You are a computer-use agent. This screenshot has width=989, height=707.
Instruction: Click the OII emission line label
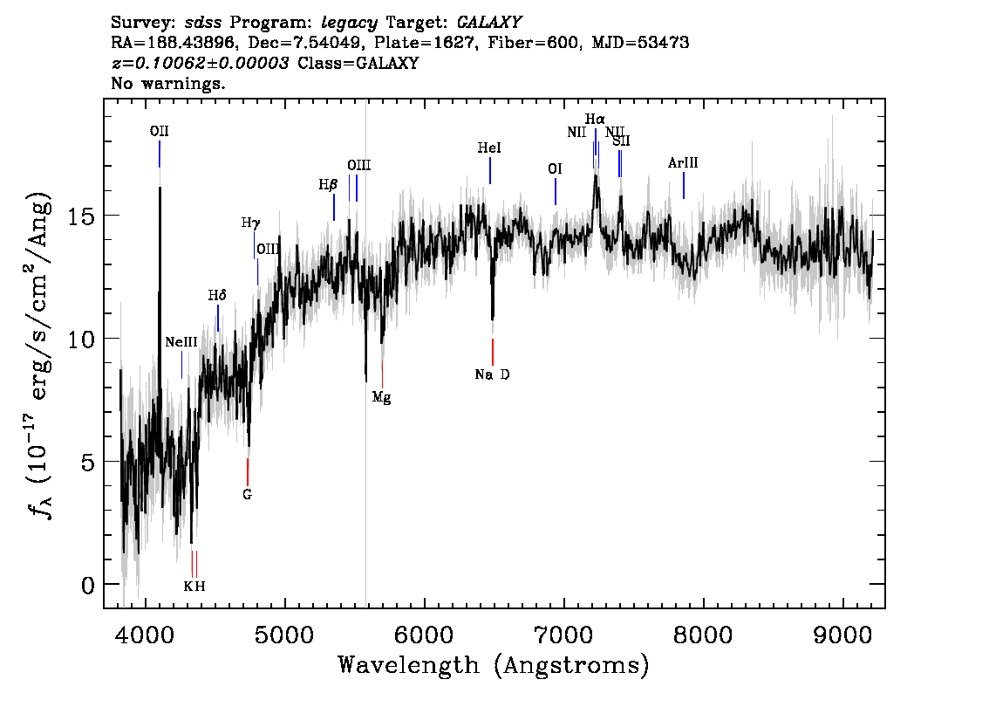[159, 131]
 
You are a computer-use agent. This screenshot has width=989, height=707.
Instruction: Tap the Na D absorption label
[492, 375]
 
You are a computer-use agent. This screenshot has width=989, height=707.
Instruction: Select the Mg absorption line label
[382, 398]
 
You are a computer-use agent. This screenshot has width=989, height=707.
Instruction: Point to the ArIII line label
[683, 163]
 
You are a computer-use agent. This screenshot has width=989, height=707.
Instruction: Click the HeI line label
[489, 148]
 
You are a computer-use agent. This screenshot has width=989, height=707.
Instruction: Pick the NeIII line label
[181, 342]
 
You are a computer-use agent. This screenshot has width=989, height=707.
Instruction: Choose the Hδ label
[217, 295]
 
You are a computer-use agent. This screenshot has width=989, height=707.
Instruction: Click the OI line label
[555, 169]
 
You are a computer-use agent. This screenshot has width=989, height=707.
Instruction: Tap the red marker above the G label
[248, 472]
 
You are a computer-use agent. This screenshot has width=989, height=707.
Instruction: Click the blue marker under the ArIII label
[684, 186]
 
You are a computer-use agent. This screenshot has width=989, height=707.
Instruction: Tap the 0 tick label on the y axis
[88, 585]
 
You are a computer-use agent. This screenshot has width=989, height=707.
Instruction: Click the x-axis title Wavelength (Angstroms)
[494, 665]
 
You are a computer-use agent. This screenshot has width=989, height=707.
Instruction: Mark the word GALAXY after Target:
[488, 23]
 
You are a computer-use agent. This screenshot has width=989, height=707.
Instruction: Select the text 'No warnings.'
[167, 83]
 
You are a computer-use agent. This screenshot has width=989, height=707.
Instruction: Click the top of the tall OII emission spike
[160, 188]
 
